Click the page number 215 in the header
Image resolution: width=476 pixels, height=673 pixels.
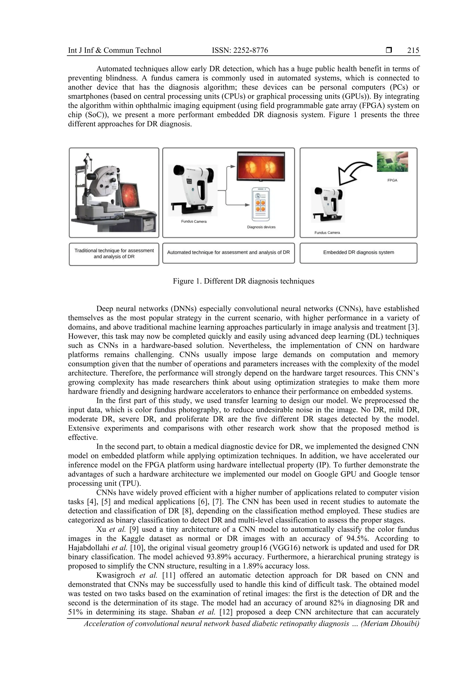[413, 50]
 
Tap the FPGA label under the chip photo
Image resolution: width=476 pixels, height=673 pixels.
[392, 180]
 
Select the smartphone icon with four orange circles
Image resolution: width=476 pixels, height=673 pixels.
[261, 204]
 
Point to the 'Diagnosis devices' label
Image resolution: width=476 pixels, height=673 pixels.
[261, 227]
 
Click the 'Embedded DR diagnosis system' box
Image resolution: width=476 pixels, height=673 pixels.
[358, 253]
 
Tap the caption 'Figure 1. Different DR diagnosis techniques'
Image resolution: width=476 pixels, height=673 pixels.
[243, 281]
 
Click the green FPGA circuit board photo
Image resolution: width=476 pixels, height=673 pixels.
[392, 162]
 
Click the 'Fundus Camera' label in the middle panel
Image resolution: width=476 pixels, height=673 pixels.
[194, 221]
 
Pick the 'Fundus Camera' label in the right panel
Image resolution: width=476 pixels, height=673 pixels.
[327, 233]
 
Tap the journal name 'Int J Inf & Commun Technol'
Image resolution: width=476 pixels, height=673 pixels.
[115, 50]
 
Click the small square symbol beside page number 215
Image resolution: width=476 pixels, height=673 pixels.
[389, 50]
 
